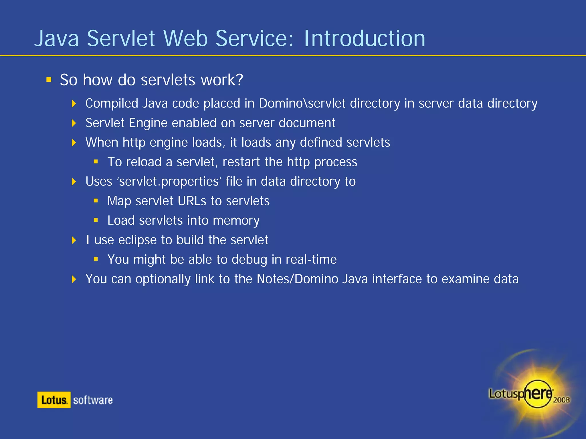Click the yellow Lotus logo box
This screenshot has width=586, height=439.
[54, 400]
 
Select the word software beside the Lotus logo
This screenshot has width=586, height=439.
[93, 400]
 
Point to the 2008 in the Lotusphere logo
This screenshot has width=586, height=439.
[561, 400]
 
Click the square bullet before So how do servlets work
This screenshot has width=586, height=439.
[49, 79]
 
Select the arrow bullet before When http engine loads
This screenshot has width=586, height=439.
[74, 142]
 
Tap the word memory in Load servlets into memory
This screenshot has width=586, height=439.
[236, 221]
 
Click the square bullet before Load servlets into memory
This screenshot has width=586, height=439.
[96, 220]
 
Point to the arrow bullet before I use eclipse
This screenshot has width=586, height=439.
[74, 240]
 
